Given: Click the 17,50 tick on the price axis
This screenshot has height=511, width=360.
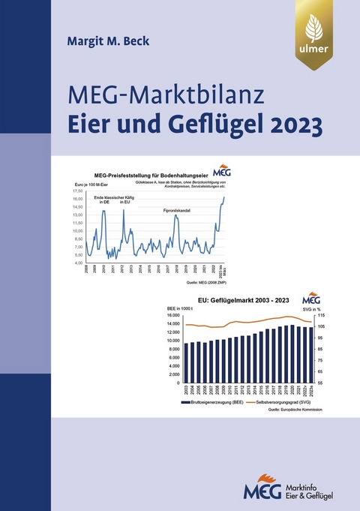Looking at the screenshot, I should click(79, 191).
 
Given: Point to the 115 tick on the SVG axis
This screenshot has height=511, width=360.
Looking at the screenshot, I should click(319, 315).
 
